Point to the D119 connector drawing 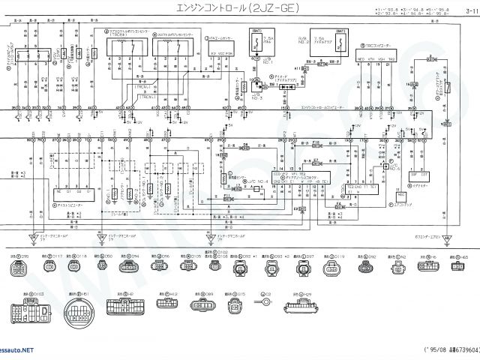click(x=333, y=268)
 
